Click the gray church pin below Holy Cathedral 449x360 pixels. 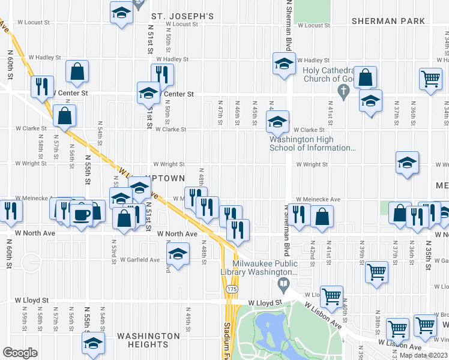(x=343, y=92)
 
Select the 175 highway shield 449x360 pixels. (x=232, y=290)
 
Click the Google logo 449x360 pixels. (x=20, y=353)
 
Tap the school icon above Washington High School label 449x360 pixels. (x=277, y=122)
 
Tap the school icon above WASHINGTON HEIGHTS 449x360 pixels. (x=93, y=344)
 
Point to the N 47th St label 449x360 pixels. (x=220, y=113)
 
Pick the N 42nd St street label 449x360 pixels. (x=313, y=253)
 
